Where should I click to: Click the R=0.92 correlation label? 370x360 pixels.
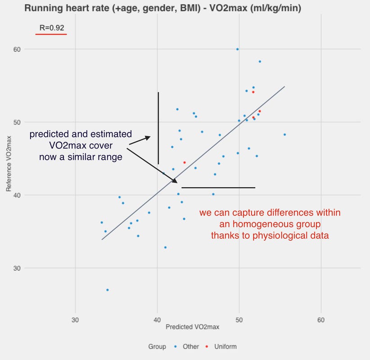coord(51,27)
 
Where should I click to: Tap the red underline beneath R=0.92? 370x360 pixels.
coord(51,34)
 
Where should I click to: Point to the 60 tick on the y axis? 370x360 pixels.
coord(17,49)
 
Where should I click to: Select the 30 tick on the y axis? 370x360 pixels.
coord(17,268)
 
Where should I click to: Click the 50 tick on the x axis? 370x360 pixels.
coord(239,320)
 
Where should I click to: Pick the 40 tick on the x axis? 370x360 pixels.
coord(157,320)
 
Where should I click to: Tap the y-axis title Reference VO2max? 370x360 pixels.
coord(9,158)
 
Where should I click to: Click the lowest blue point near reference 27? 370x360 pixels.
coord(108,290)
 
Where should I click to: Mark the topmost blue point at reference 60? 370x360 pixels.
coord(238,49)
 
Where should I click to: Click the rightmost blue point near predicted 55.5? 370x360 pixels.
coord(284,135)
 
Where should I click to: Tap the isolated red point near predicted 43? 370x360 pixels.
coord(185,162)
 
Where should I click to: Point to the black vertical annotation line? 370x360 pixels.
coord(158,128)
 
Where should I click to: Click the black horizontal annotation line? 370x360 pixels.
coord(218,188)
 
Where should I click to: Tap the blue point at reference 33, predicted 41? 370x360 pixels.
coord(165,247)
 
